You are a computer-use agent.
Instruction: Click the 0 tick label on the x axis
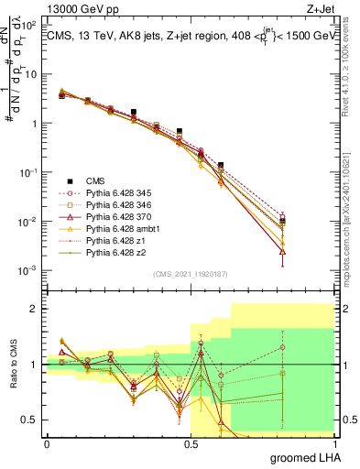[47, 442]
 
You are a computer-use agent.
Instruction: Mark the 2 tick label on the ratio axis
[33, 309]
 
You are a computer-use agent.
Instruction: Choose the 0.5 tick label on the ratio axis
[29, 420]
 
